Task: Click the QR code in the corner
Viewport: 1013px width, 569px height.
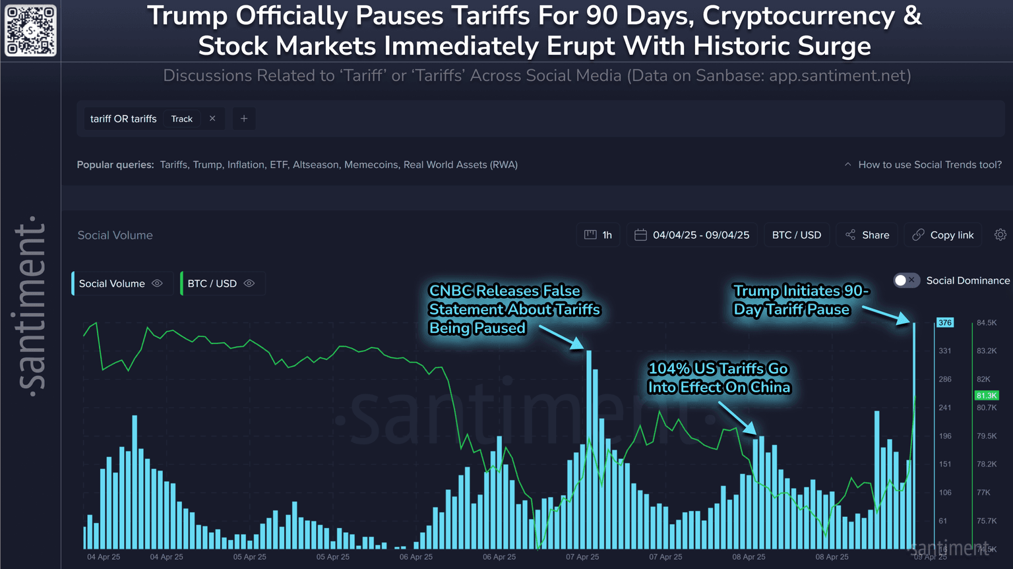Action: click(30, 30)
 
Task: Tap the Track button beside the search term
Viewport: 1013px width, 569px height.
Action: click(181, 119)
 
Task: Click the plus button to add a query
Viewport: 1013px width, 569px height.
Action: click(244, 119)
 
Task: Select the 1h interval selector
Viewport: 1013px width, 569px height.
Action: click(599, 235)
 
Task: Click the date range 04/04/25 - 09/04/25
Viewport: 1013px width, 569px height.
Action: click(692, 235)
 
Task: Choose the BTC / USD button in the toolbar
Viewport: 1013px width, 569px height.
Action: click(796, 235)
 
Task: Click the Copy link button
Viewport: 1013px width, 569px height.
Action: click(943, 235)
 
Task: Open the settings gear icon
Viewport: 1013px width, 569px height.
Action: click(1000, 235)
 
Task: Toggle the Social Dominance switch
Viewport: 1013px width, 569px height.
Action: click(906, 280)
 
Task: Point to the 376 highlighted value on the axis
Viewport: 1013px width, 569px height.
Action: click(945, 322)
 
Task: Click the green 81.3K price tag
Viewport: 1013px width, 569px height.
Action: click(987, 396)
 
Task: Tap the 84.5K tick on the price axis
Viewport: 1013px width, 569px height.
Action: click(987, 322)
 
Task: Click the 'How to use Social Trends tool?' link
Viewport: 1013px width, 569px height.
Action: click(929, 165)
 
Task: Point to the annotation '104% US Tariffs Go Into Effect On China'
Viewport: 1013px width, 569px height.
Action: click(718, 378)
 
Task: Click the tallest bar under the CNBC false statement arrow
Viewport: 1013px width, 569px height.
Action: click(589, 448)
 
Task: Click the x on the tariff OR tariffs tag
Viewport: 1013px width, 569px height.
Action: click(212, 119)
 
